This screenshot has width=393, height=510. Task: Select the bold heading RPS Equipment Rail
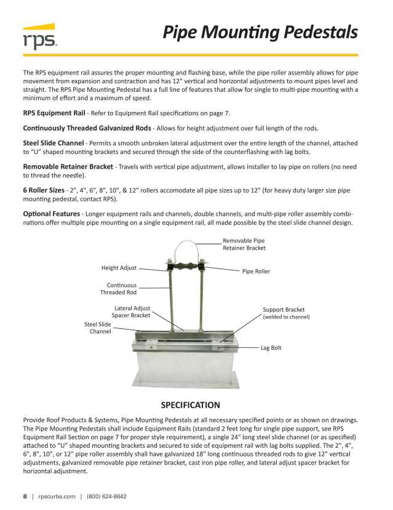pos(54,113)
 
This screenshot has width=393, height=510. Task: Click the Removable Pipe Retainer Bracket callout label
pos(244,245)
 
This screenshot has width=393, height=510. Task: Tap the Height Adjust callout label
pos(119,268)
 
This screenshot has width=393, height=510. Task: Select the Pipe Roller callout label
pos(256,271)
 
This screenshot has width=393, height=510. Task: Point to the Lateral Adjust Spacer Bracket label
pos(132,312)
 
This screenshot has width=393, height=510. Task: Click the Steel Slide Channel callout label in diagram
pos(98,328)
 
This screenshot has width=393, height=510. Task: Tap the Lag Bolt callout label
pos(271,348)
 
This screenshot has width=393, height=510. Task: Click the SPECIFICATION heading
pos(190,405)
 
